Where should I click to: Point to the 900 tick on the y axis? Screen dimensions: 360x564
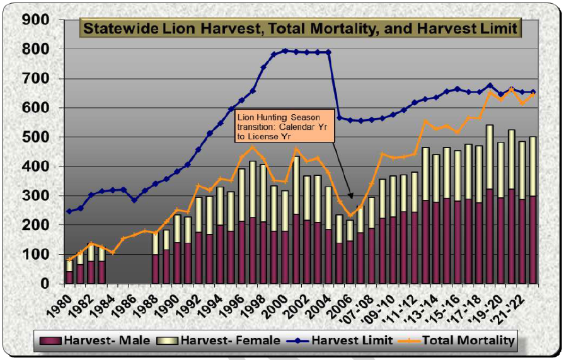(38, 20)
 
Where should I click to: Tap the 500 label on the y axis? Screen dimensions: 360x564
(38, 137)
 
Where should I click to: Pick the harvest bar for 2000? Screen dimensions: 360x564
(285, 243)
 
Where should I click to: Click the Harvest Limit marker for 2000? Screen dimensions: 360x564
(285, 50)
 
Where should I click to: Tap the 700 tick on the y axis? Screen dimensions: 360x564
(38, 79)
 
